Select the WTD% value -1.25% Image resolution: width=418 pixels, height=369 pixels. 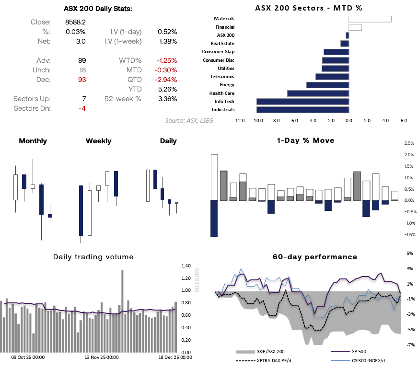(166, 60)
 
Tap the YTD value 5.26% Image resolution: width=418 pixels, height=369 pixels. (167, 89)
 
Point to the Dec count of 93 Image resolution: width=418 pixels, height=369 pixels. (81, 80)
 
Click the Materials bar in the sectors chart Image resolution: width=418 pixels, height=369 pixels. (370, 19)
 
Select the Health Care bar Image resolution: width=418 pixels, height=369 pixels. (318, 93)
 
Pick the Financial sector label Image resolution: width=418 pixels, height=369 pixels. (225, 27)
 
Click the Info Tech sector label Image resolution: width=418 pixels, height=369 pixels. (224, 101)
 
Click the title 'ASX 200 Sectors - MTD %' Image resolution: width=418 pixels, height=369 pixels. (308, 8)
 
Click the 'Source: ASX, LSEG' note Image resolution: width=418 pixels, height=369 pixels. (189, 121)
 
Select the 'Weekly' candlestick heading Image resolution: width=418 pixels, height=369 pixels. (98, 141)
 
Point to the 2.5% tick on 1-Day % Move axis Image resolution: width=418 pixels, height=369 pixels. (409, 143)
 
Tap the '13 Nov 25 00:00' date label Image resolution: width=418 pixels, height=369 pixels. (102, 357)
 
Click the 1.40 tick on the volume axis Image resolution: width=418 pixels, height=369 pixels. (186, 265)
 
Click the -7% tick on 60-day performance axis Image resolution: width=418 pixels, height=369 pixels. (410, 345)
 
